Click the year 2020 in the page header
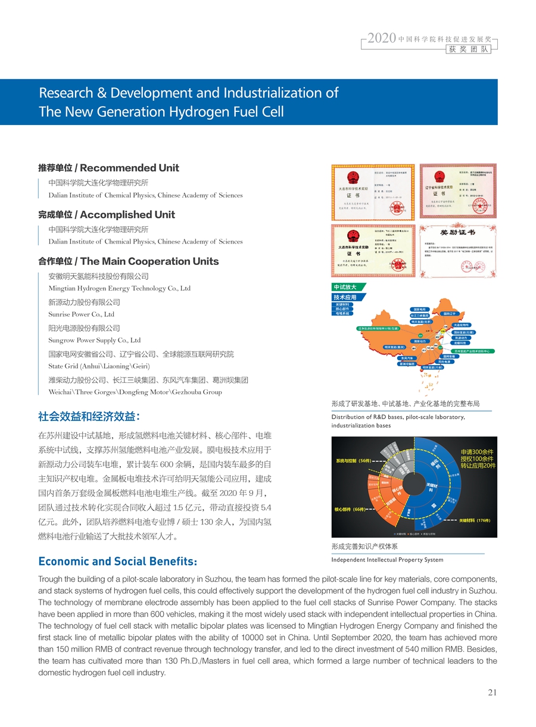[x=382, y=39]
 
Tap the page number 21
[x=492, y=692]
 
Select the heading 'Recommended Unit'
[x=129, y=168]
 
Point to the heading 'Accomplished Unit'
[x=127, y=214]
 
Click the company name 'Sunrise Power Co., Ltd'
[x=81, y=314]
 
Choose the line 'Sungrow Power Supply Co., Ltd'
[x=94, y=341]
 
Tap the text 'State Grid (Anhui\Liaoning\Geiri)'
[x=98, y=366]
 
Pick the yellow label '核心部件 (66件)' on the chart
[x=351, y=510]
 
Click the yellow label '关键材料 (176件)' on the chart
[x=474, y=520]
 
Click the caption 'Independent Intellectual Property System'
[x=387, y=560]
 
